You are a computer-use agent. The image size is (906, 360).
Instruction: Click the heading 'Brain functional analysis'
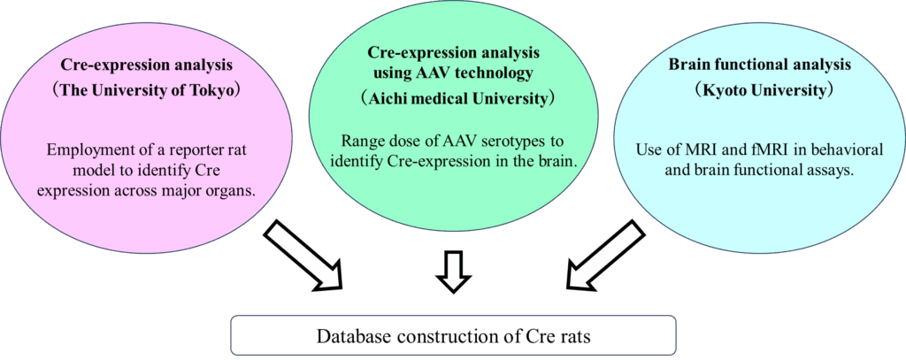[759, 65]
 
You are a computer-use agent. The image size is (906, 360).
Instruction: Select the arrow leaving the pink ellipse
[303, 254]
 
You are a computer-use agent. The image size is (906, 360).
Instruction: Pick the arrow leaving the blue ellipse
[606, 254]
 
